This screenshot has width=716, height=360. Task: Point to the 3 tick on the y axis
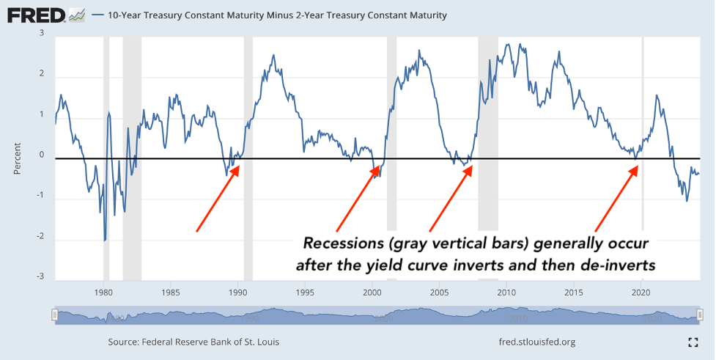(42, 33)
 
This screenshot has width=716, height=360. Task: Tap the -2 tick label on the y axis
(40, 237)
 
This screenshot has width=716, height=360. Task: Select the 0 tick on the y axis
(42, 155)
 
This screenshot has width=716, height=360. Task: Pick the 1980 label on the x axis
(103, 290)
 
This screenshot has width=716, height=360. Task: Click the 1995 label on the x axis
(305, 290)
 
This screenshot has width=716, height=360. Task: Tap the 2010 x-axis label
(506, 290)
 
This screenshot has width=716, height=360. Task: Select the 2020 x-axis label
(641, 290)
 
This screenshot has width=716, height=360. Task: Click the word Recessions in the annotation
(341, 243)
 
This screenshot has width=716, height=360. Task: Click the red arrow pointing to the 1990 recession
(218, 198)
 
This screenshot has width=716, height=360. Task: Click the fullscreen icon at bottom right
(693, 342)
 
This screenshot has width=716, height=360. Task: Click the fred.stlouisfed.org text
(536, 342)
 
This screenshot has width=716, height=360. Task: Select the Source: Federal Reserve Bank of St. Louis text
(193, 342)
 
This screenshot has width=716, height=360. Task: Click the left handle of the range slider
(54, 315)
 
